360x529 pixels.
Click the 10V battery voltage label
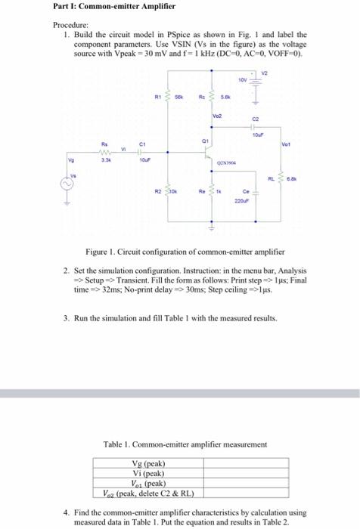pyautogui.click(x=242, y=79)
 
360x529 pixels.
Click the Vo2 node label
pyautogui.click(x=216, y=119)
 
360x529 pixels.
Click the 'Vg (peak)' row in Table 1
pyautogui.click(x=148, y=463)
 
